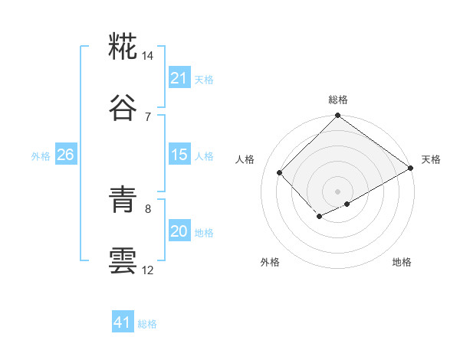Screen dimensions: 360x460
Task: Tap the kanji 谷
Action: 123,110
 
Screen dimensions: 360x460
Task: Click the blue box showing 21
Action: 179,78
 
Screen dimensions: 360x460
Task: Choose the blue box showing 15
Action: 179,155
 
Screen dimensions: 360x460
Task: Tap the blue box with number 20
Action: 179,231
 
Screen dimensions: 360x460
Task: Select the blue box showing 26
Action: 65,155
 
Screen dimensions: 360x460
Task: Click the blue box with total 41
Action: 123,323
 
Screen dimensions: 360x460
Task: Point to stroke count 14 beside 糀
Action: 148,56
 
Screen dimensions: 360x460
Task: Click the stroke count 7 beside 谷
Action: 148,116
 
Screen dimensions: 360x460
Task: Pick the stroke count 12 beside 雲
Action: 148,270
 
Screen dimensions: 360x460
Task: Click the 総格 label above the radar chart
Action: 338,100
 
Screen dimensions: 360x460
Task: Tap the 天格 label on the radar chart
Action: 431,159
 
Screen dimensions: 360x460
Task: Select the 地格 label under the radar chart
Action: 402,262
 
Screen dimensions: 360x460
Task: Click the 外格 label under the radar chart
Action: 270,262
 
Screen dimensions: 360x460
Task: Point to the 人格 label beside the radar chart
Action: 247,159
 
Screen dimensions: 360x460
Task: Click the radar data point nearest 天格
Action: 411,169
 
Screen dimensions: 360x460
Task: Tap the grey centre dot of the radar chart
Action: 338,191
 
